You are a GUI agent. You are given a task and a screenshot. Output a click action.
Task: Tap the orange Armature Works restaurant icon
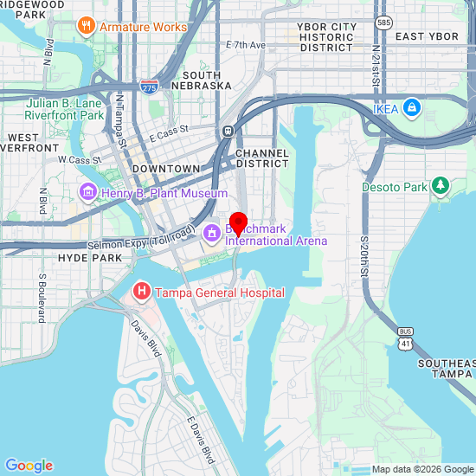point(86,26)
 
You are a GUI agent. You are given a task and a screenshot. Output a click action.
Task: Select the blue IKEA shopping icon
point(413,108)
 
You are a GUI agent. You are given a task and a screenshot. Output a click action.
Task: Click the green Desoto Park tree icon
point(441,186)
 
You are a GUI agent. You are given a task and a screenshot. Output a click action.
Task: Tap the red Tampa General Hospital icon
point(141,293)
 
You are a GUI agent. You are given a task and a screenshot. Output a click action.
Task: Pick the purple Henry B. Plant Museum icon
point(87,192)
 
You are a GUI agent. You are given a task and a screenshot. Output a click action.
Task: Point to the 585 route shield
point(384,19)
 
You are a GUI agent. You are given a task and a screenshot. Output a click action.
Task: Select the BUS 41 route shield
point(405,338)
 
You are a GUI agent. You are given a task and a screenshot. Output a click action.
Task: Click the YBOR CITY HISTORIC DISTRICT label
point(325,37)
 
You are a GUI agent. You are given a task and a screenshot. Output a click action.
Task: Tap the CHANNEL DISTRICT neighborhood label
point(261,158)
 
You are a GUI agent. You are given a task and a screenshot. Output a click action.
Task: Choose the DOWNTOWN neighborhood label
point(166,168)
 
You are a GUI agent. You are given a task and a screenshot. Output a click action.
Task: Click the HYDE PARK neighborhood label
point(90,258)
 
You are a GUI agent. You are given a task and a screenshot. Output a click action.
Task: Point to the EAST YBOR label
point(427,36)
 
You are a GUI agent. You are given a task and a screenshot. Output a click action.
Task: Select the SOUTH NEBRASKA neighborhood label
point(202,80)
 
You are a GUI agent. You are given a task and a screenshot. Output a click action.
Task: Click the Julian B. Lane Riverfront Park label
point(65,109)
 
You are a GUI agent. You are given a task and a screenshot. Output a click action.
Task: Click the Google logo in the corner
point(29,466)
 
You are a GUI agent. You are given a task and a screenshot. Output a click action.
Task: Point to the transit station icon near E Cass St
point(228,131)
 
